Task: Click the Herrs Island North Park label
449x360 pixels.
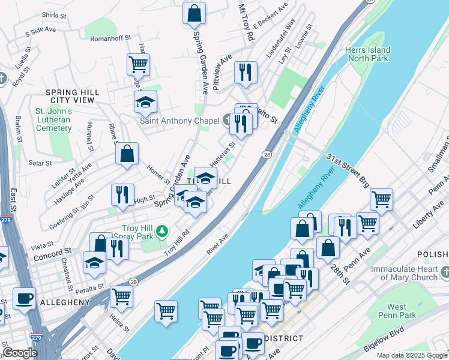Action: [368, 54]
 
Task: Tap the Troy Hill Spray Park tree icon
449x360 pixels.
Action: [161, 230]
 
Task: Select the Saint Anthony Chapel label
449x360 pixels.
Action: [179, 121]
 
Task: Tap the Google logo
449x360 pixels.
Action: [20, 353]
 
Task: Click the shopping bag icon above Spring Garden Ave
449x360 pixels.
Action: [194, 13]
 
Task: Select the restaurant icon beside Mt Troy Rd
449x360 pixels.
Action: [246, 72]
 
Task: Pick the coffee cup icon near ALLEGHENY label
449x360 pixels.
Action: [24, 298]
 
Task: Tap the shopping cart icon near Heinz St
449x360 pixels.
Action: [122, 296]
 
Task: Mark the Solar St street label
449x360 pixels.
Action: [40, 163]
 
